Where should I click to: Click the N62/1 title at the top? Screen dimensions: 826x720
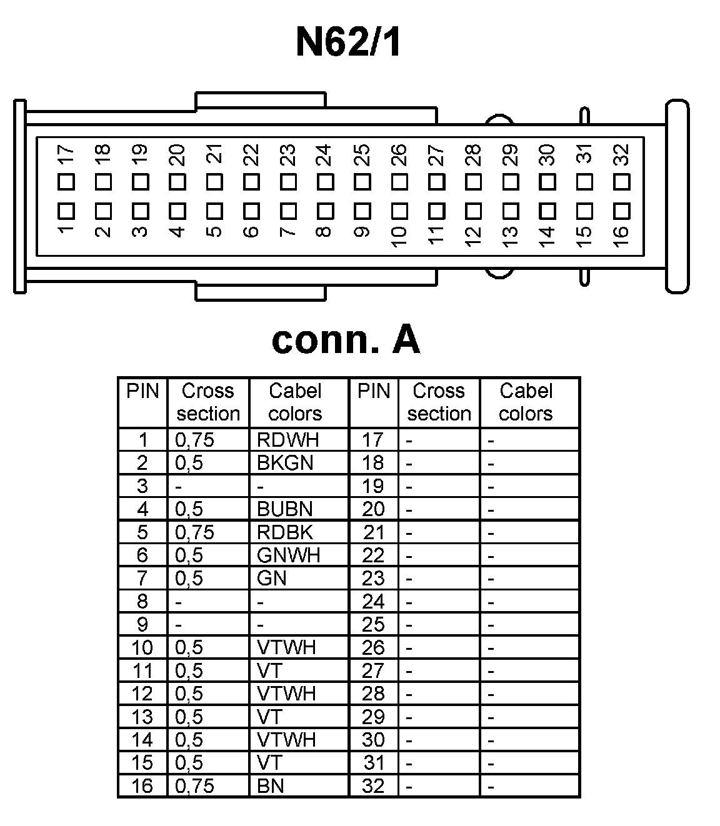point(347,42)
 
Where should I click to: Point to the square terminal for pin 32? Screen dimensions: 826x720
point(621,182)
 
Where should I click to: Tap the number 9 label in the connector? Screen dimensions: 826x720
point(362,232)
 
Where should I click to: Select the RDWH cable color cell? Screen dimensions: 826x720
point(288,440)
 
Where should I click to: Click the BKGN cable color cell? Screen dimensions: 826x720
point(285,463)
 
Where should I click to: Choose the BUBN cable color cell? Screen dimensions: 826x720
point(285,509)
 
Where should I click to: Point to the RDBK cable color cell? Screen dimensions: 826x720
point(285,532)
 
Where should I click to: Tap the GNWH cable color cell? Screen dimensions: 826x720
point(288,555)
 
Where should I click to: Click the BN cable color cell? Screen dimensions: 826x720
point(271,785)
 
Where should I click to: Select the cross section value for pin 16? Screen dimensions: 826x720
point(194,785)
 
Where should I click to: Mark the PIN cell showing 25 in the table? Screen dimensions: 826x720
point(373,624)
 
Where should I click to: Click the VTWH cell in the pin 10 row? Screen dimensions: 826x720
point(286,647)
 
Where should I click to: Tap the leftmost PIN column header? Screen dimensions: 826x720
point(142,392)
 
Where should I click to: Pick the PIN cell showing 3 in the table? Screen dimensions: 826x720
point(142,486)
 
